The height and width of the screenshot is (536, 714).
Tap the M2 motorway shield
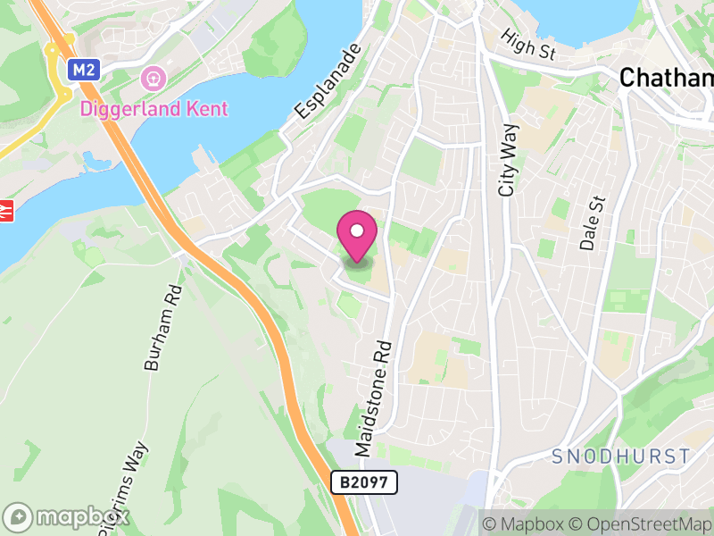point(85,69)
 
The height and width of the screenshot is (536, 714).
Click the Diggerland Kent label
point(154,109)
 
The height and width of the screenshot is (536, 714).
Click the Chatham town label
point(666,78)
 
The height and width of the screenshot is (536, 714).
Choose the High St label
point(528,45)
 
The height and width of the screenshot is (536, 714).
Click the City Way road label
point(509,160)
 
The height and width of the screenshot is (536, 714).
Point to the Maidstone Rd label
point(374,398)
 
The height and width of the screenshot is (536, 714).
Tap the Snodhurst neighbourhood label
point(621,456)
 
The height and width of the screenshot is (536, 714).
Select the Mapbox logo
point(67,516)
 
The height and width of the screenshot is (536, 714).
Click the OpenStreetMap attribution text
point(642,523)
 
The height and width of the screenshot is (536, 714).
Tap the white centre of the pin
point(357,230)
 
